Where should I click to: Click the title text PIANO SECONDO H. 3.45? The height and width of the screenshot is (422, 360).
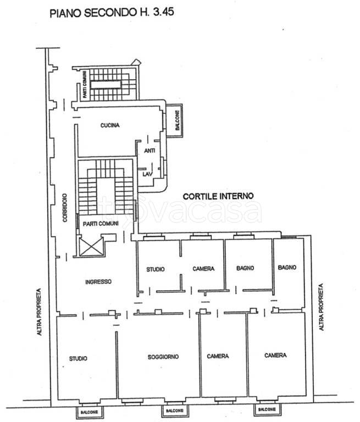pos(112,13)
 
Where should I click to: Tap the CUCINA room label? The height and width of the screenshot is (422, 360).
pos(110,125)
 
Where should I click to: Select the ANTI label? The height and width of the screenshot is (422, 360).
pos(149,151)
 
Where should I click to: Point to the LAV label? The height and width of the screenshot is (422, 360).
pos(147,174)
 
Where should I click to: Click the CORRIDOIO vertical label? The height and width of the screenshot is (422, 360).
pos(65,208)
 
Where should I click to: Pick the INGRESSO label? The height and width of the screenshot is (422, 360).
pos(98,282)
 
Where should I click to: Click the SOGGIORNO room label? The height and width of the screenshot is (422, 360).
pos(163,357)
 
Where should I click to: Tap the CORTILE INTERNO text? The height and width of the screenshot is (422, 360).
pos(218,196)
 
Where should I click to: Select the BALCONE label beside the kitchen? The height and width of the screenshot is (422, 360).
pos(177,120)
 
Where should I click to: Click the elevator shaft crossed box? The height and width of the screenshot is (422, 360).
pos(92,247)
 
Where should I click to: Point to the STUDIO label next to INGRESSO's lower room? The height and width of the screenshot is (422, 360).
pos(78,358)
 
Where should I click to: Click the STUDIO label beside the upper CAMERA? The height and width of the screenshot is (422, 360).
pos(156,269)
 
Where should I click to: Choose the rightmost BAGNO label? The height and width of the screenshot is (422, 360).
pos(287,268)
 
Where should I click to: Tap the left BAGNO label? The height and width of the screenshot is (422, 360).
pos(245,268)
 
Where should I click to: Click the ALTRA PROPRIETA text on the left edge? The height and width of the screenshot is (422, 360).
pos(40,312)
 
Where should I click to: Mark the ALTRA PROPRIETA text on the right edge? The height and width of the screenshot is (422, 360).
pos(321,307)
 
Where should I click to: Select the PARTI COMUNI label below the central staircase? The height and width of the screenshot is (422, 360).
pos(101,224)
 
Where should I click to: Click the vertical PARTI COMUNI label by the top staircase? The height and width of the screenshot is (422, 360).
pos(85,84)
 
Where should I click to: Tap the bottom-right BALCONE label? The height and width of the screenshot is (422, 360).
pos(267,409)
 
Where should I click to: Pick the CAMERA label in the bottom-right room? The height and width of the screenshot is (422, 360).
pos(275,356)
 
